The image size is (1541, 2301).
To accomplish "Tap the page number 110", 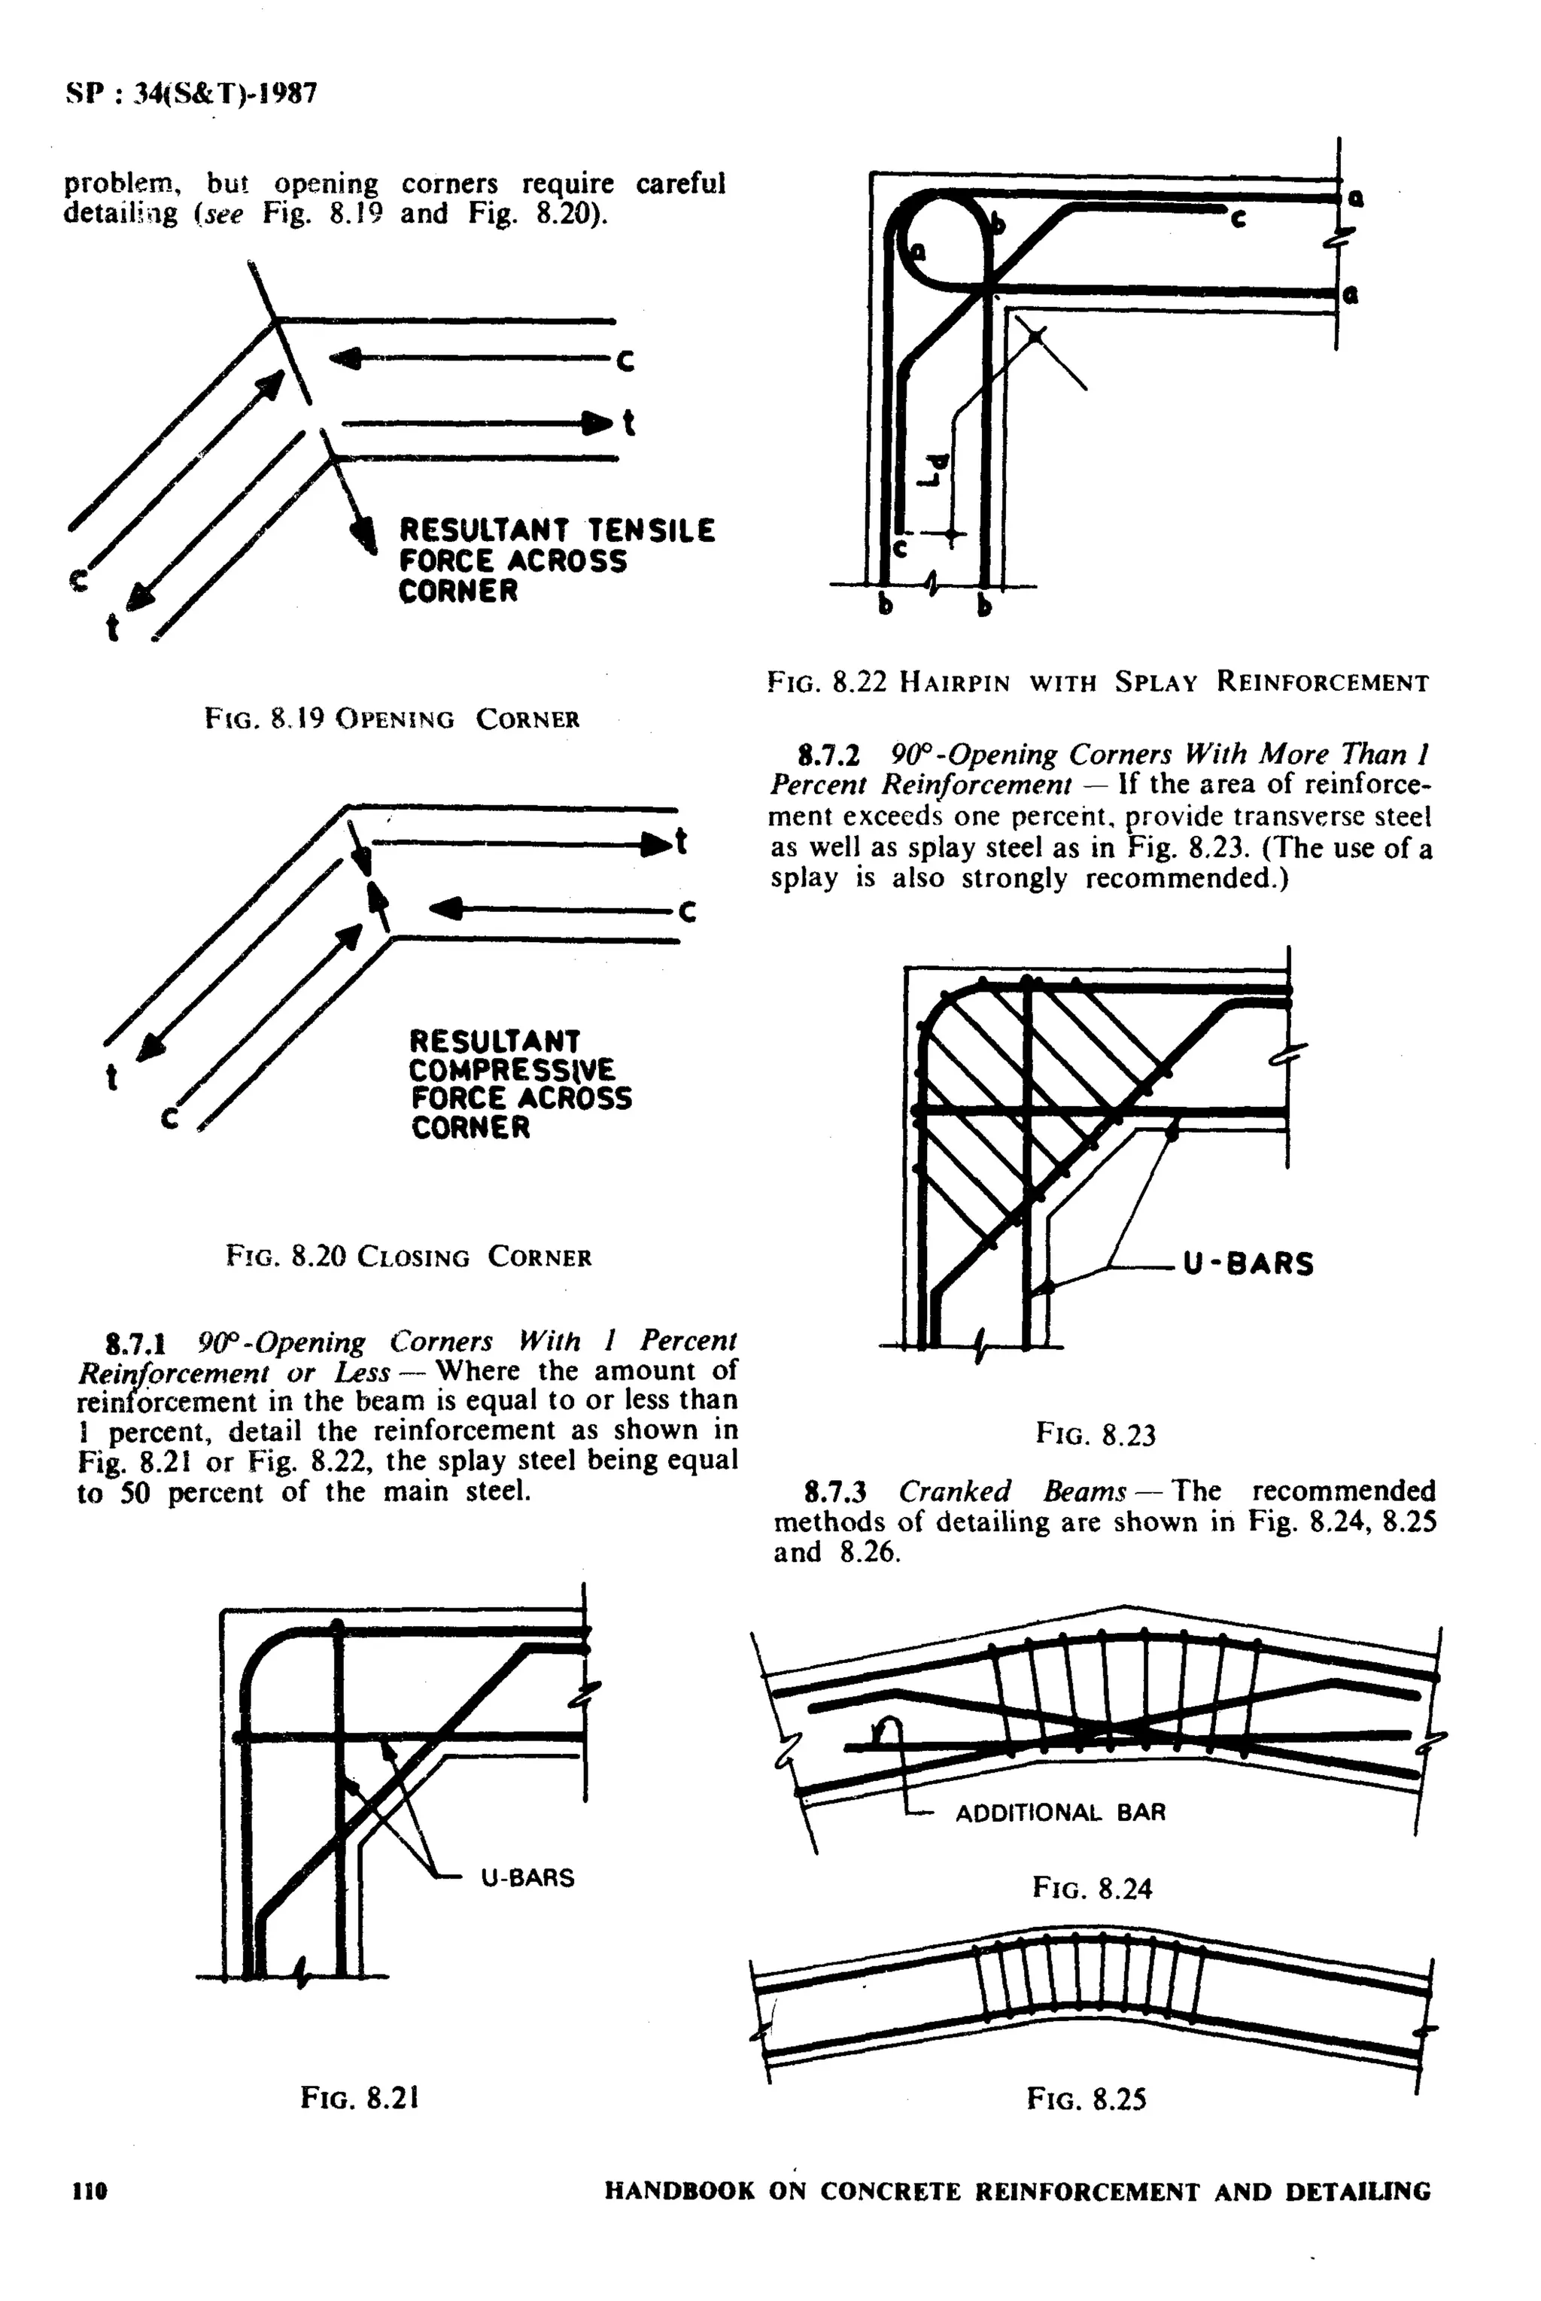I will pos(90,2192).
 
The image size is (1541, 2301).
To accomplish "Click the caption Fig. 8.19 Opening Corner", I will pos(392,719).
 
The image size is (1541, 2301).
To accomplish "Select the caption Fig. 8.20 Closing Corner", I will pos(408,1257).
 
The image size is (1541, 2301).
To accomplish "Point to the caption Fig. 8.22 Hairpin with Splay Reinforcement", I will pos(1097,682).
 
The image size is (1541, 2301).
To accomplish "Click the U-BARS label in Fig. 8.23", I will pos(1248,1263).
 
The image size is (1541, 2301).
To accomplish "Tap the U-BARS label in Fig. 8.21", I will pos(527,1877).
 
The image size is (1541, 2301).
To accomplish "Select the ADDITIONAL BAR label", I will pos(1060,1813).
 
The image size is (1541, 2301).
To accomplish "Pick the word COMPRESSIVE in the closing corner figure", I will pos(511,1070).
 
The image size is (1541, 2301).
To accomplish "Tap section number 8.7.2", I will pos(829,755).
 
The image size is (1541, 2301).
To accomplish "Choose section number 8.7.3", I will pos(834,1492).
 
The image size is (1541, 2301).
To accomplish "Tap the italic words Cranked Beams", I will pos(1011,1491).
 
